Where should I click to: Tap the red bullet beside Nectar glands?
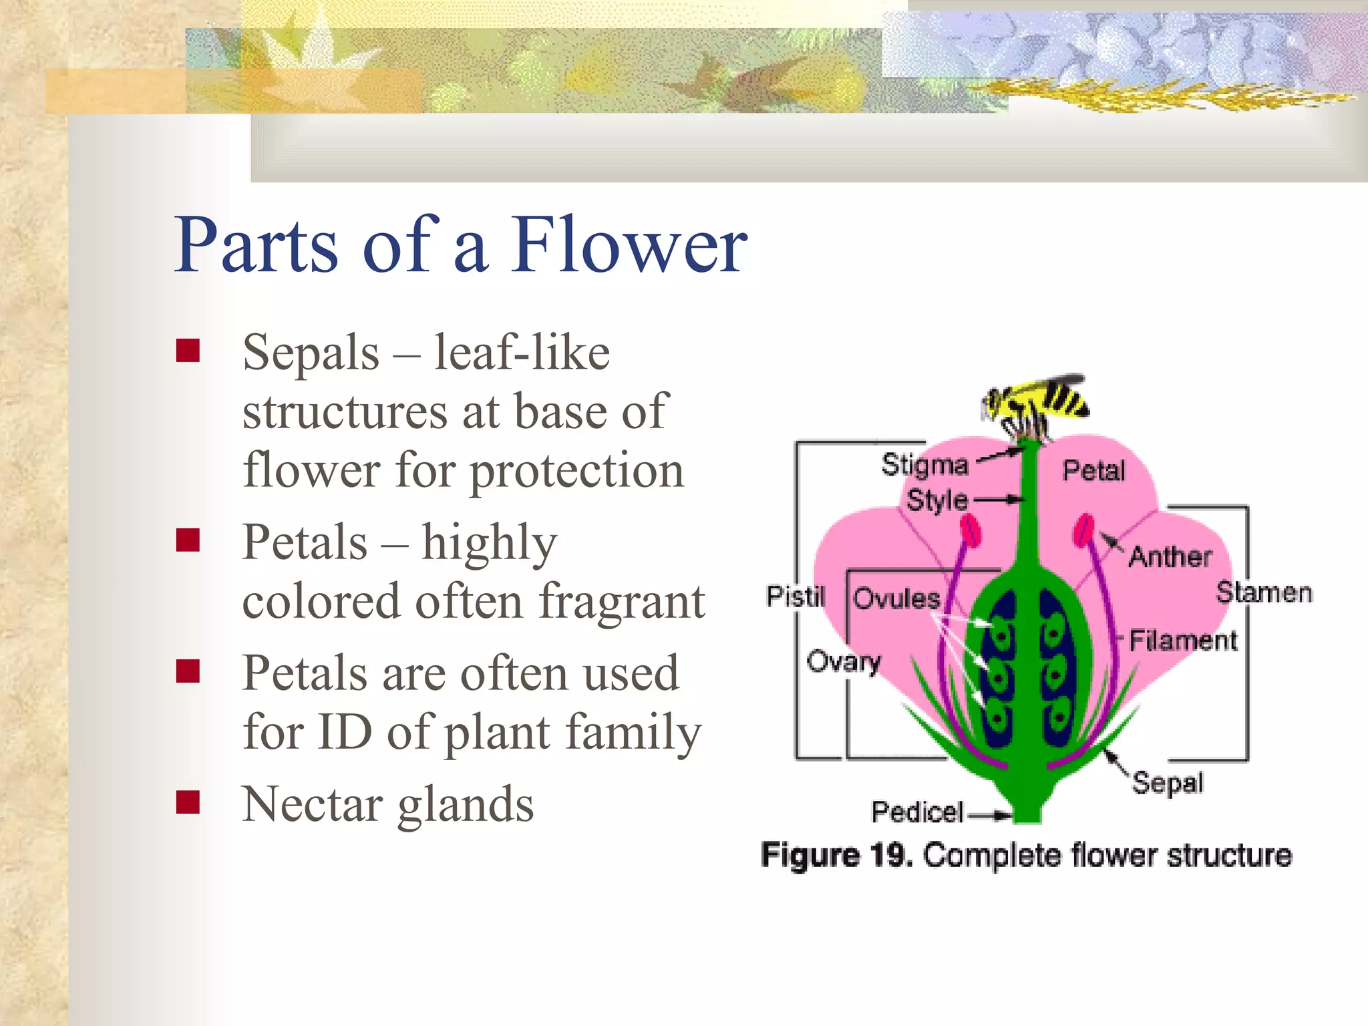point(188,802)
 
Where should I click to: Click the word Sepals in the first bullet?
point(311,353)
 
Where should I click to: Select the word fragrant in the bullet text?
point(621,601)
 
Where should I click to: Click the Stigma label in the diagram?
point(924,465)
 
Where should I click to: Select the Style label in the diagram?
point(936,500)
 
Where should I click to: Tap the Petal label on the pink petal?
point(1093,471)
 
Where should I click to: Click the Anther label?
point(1170,556)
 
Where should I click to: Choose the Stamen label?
point(1264,592)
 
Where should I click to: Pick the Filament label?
point(1183,641)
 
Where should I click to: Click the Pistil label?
point(795,596)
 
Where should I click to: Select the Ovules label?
point(896,598)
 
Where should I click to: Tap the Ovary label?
point(843,661)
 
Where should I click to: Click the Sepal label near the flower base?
point(1168,783)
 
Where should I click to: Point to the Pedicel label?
point(917,812)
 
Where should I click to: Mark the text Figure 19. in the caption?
point(836,856)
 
